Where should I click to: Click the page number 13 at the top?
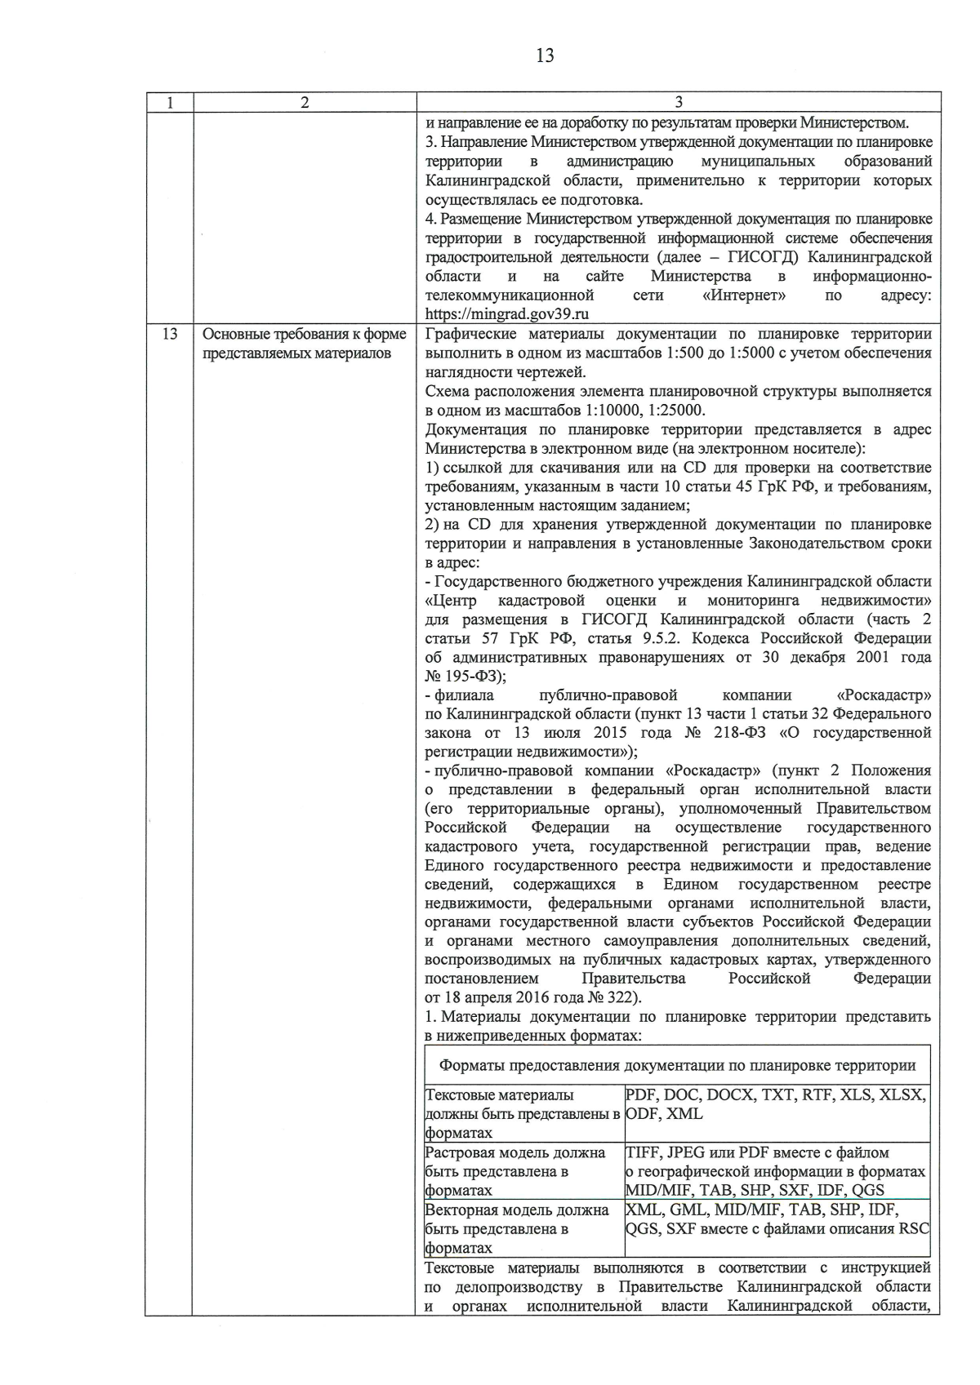[545, 55]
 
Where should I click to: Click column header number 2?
[305, 103]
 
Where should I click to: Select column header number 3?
[679, 103]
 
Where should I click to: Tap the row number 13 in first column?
[170, 335]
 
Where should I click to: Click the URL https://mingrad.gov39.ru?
[508, 313]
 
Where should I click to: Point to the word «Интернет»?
[744, 295]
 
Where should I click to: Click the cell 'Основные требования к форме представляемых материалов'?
[304, 344]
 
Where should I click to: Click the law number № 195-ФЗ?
[465, 677]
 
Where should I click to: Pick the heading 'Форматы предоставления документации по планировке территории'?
[677, 1065]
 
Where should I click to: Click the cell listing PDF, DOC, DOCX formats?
[776, 1104]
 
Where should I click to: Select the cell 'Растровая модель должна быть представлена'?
[523, 1171]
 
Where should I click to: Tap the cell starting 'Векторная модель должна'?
[523, 1228]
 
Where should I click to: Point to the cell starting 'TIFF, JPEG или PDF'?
[776, 1171]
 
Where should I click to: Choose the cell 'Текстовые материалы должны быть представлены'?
[523, 1113]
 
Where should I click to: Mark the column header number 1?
[170, 103]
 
